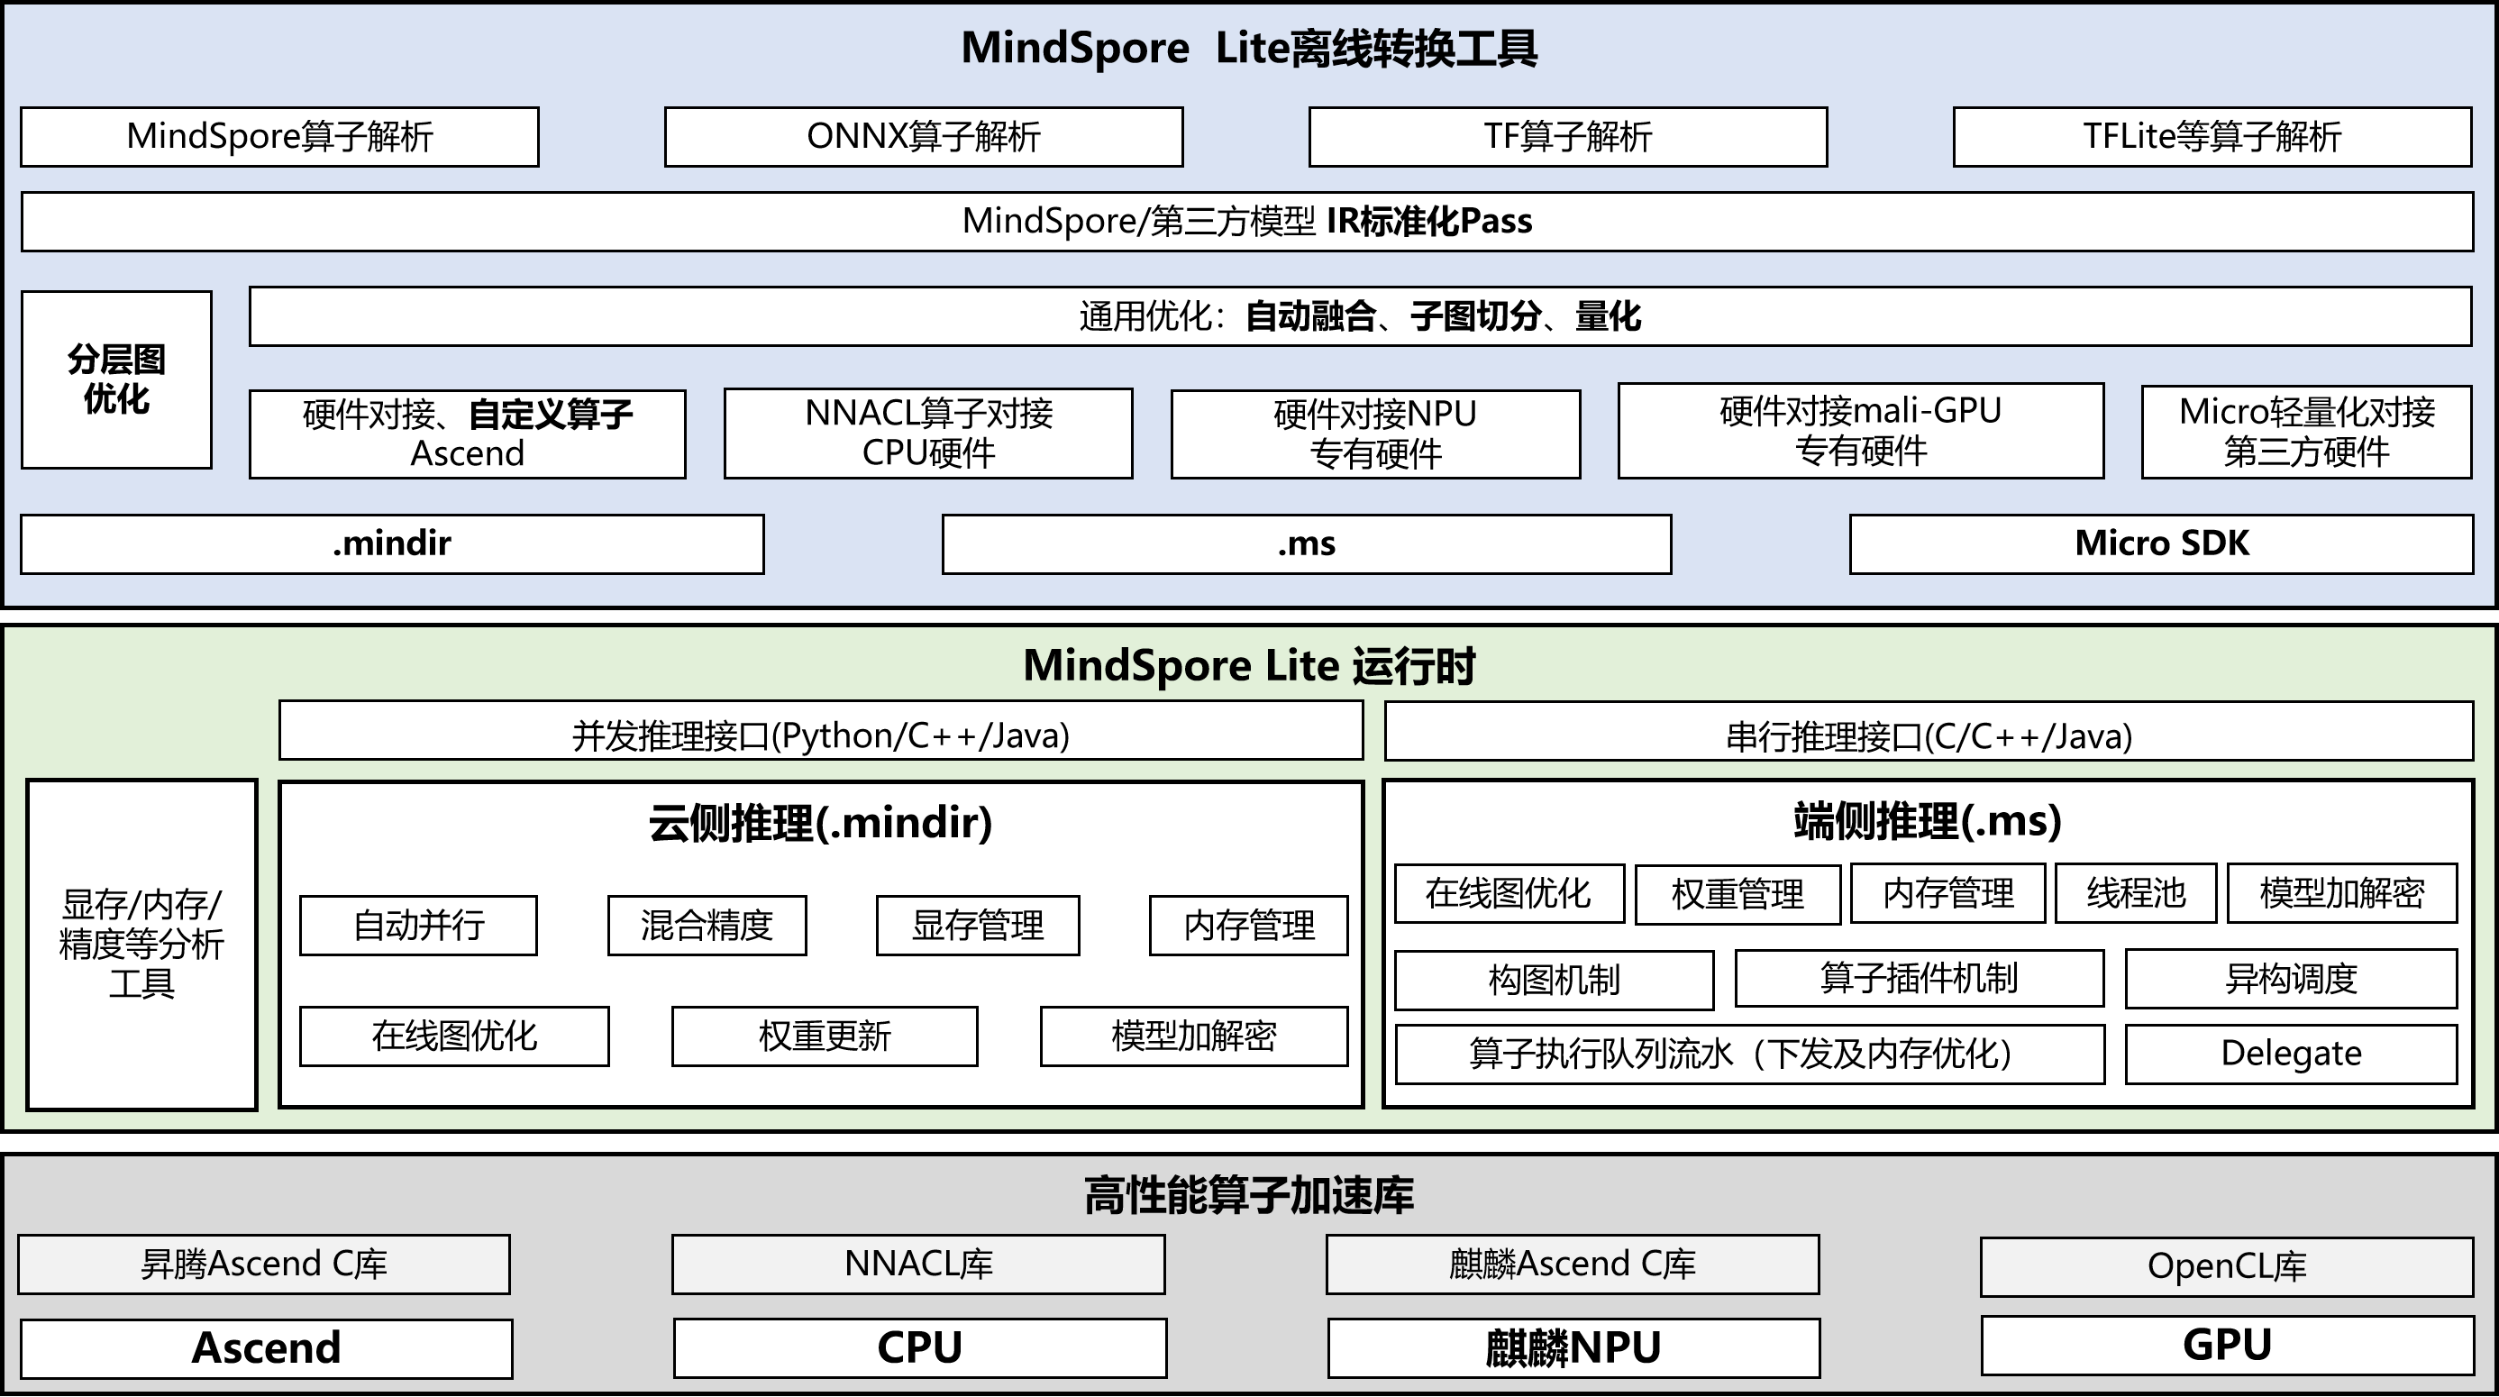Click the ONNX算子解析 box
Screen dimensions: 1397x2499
pos(923,137)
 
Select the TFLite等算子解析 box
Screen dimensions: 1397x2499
pos(2211,137)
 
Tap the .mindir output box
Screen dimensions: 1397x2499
pos(392,544)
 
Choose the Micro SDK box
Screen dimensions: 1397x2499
pos(2160,544)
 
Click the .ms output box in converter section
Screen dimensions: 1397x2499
pos(1306,544)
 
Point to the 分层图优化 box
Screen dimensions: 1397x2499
pos(116,379)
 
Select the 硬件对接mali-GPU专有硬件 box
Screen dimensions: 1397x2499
pos(1860,431)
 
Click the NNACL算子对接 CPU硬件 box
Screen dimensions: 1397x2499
pos(927,433)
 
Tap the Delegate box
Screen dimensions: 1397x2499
pos(2291,1054)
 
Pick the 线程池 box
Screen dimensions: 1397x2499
pos(2135,892)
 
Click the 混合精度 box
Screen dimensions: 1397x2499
pos(707,926)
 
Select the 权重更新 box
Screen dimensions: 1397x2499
pos(824,1036)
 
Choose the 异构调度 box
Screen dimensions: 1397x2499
pos(2291,979)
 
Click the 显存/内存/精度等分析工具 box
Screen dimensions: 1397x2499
pos(141,944)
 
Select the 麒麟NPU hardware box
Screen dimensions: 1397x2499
pos(1573,1347)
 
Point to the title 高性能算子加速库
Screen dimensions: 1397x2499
pos(1248,1195)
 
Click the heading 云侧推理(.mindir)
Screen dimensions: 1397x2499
pos(820,823)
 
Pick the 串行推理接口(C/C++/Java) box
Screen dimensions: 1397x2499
pos(1928,736)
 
